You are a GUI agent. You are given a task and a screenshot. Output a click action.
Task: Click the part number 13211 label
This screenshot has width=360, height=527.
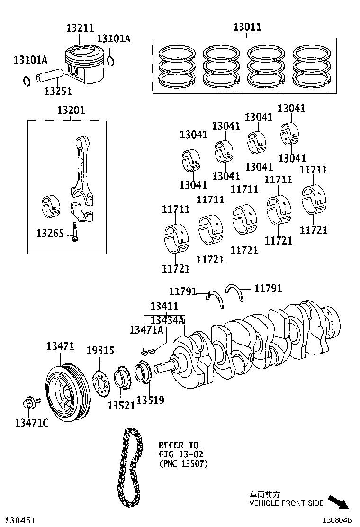pos(80,28)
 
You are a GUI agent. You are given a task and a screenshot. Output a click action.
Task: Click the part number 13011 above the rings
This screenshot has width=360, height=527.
pos(247,27)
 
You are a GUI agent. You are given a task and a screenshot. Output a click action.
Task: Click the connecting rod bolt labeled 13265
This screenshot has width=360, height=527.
pos(74,232)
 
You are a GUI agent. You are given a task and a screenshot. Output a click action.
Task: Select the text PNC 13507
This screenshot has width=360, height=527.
pos(183,463)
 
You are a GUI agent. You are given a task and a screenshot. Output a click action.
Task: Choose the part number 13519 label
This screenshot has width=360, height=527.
pos(150,400)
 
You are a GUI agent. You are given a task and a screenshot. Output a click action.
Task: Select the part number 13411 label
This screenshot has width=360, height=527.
pos(164,306)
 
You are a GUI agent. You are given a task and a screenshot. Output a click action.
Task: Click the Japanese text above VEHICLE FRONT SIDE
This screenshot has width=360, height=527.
pos(265,495)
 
